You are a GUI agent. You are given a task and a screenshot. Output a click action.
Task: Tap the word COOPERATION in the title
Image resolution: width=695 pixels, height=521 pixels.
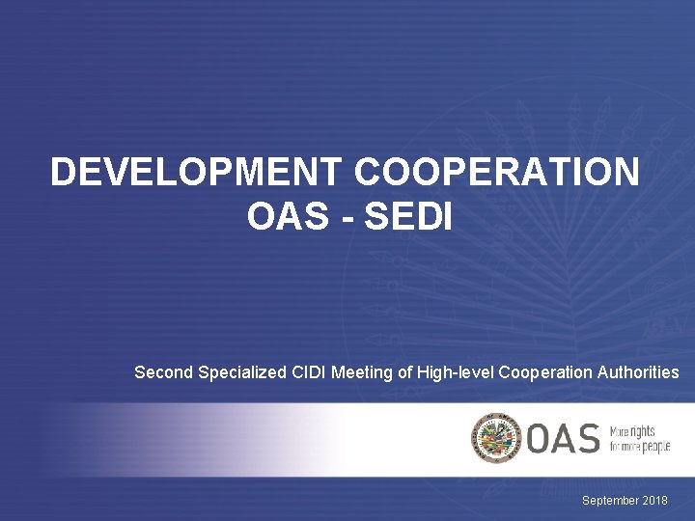pyautogui.click(x=497, y=174)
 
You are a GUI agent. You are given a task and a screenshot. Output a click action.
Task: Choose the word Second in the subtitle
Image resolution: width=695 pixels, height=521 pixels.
pyautogui.click(x=163, y=372)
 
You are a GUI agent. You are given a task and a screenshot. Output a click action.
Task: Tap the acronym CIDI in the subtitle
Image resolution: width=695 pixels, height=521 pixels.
pyautogui.click(x=309, y=372)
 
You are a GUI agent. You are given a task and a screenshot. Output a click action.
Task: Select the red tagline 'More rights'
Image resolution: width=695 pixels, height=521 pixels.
pyautogui.click(x=632, y=430)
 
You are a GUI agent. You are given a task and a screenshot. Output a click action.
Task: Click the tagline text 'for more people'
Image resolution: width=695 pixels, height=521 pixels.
pyautogui.click(x=639, y=446)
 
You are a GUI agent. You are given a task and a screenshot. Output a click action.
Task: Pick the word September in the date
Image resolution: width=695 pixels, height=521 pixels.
pyautogui.click(x=610, y=501)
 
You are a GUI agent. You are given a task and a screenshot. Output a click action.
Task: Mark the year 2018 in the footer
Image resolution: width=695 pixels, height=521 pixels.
pyautogui.click(x=654, y=501)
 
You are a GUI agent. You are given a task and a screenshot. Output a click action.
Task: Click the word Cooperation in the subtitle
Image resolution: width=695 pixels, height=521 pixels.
pyautogui.click(x=546, y=372)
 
